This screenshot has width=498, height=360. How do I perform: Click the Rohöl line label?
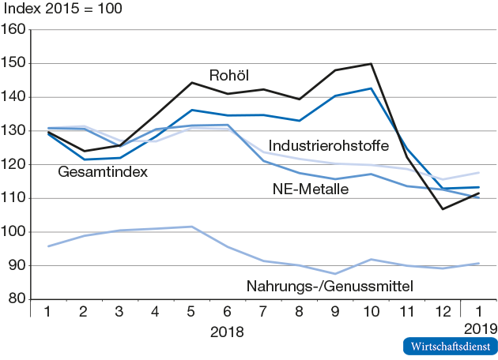click(229, 76)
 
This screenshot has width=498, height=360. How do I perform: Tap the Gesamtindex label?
click(104, 171)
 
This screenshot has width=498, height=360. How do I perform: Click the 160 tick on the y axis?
click(15, 30)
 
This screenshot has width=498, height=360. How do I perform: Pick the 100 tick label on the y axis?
click(15, 232)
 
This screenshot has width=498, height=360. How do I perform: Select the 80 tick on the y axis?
click(18, 299)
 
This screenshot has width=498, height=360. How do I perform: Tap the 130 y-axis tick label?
click(15, 131)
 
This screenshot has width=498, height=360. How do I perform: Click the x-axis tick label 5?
click(191, 313)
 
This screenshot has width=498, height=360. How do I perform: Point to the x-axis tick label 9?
click(335, 313)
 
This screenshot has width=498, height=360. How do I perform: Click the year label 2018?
click(227, 332)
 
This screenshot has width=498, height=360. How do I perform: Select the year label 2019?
click(481, 328)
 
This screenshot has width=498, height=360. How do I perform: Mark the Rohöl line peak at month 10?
click(371, 64)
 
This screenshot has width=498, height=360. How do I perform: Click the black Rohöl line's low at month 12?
click(442, 209)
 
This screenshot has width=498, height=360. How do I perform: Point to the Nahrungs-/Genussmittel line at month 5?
click(191, 227)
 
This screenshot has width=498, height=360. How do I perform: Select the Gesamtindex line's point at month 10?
click(371, 88)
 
